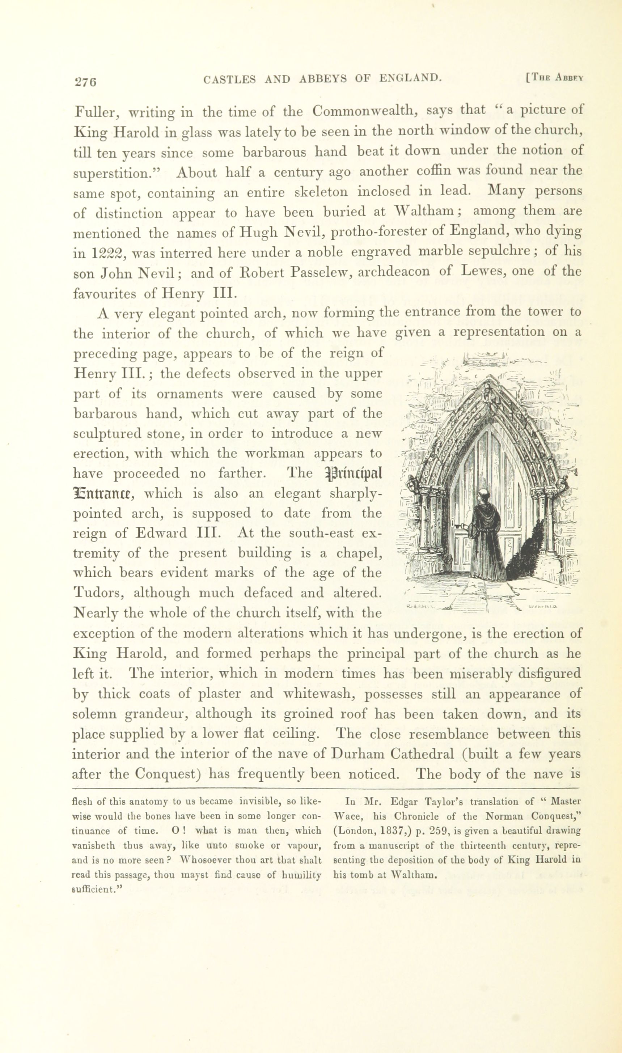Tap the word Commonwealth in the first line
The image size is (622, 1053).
click(364, 111)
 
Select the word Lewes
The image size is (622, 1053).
click(481, 272)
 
